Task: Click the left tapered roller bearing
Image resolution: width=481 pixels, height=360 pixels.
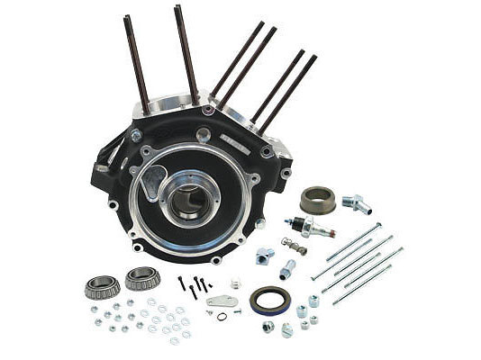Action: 102,286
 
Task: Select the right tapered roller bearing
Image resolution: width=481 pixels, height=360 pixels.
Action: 142,278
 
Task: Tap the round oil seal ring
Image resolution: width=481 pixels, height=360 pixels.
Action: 269,301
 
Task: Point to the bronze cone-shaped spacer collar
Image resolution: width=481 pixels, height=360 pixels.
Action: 317,199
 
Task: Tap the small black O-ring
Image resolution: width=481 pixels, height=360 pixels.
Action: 222,316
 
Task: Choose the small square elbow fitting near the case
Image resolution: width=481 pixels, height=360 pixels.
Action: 264,256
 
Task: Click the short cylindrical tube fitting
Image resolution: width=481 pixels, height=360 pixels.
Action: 287,268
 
